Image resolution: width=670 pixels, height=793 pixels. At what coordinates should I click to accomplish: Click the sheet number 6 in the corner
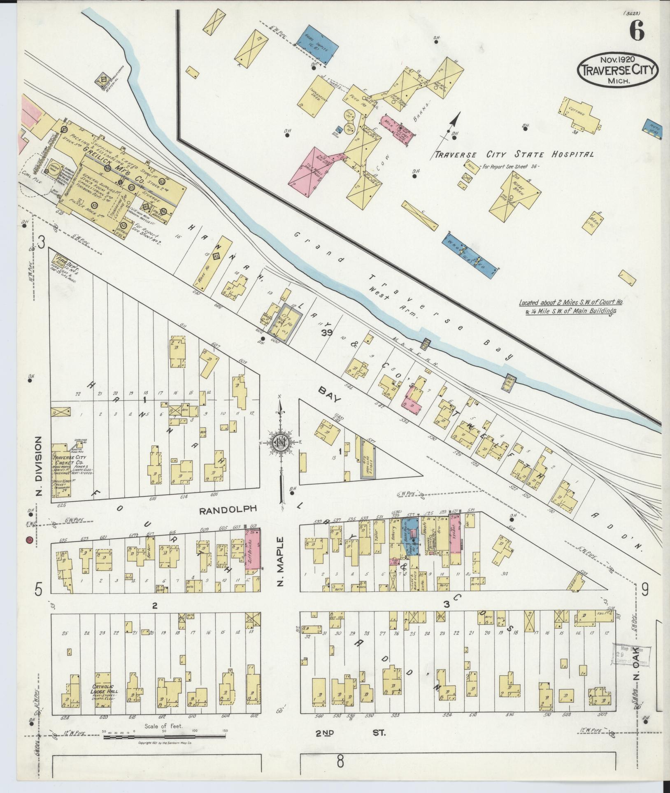(636, 30)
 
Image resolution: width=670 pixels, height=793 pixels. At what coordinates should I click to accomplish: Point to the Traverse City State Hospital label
(513, 155)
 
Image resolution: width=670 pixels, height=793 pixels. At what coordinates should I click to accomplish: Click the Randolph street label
(228, 509)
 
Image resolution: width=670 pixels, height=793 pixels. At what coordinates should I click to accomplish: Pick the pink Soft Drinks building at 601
(253, 549)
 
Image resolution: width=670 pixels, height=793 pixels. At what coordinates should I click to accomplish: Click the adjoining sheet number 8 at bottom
(340, 774)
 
